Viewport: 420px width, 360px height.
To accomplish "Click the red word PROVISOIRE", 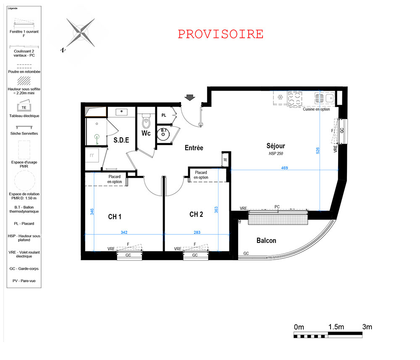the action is pos(220,34).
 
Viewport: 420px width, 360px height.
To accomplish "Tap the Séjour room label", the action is pos(276,146).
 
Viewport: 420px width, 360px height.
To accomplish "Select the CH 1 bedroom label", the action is pos(115,217).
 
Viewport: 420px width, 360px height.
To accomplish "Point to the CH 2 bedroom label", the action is pos(196,214).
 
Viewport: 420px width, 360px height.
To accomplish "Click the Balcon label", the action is pos(266,241).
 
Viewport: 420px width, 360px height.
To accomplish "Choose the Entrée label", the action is pos(194,148).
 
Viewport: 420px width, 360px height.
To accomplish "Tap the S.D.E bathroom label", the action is pos(121,140).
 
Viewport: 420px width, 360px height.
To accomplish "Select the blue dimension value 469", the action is pos(284,168).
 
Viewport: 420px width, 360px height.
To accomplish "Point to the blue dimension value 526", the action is pos(318,150).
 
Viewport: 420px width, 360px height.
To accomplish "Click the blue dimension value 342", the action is pos(124,232).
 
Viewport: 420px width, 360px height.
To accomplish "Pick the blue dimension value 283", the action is pos(197,232).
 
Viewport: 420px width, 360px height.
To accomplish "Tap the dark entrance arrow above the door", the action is pos(190,97).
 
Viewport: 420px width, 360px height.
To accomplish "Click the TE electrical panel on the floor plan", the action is pos(225,160).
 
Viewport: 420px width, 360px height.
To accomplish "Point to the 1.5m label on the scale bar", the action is pos(336,327).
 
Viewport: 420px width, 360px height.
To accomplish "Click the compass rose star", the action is pos(80,33).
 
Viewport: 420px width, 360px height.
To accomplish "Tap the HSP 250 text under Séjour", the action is pos(276,153).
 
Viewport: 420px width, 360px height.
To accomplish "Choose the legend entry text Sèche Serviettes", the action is pos(24,134).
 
